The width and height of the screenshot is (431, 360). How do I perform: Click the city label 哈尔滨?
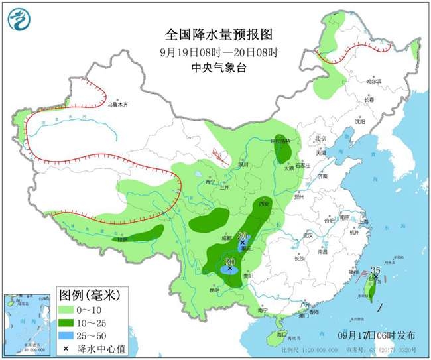(x=375, y=81)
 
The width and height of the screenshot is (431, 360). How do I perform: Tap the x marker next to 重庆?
(x=243, y=243)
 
